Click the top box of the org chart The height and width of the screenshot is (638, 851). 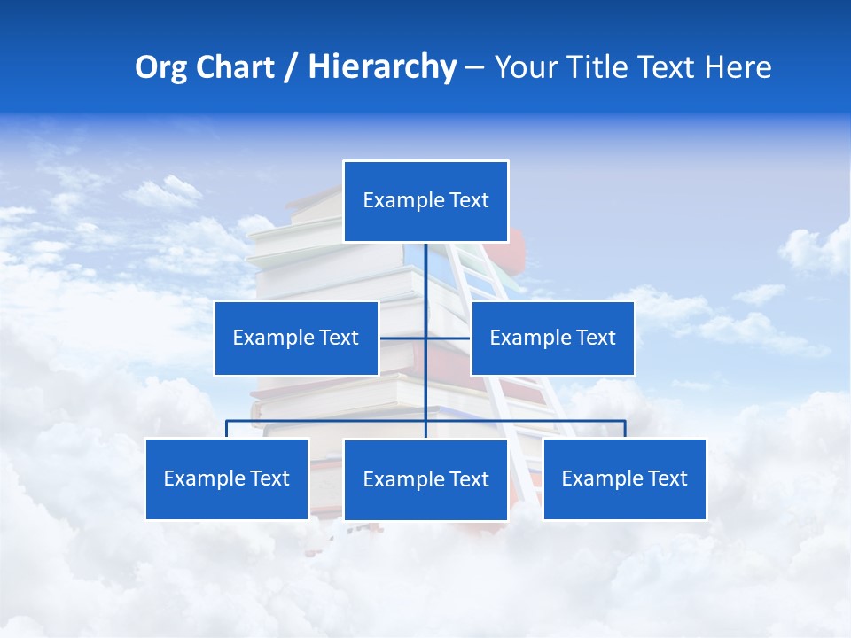pos(425,201)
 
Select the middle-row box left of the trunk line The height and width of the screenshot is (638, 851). pos(296,338)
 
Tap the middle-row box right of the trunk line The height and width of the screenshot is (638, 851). pos(552,338)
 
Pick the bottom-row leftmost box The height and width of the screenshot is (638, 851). pos(227,478)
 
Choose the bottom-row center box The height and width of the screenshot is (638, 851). pos(425,479)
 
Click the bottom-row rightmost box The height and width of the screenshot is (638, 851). pos(624,478)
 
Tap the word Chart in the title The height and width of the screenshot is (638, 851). pos(233,67)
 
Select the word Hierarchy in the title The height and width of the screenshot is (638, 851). pos(382,67)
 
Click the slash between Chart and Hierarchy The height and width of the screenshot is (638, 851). pos(290,67)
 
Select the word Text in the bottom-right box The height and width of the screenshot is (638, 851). pos(667,478)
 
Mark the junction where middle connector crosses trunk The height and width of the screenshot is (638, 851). pos(425,338)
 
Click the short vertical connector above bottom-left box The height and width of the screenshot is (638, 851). pos(227,429)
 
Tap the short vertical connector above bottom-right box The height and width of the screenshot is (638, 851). pos(624,429)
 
